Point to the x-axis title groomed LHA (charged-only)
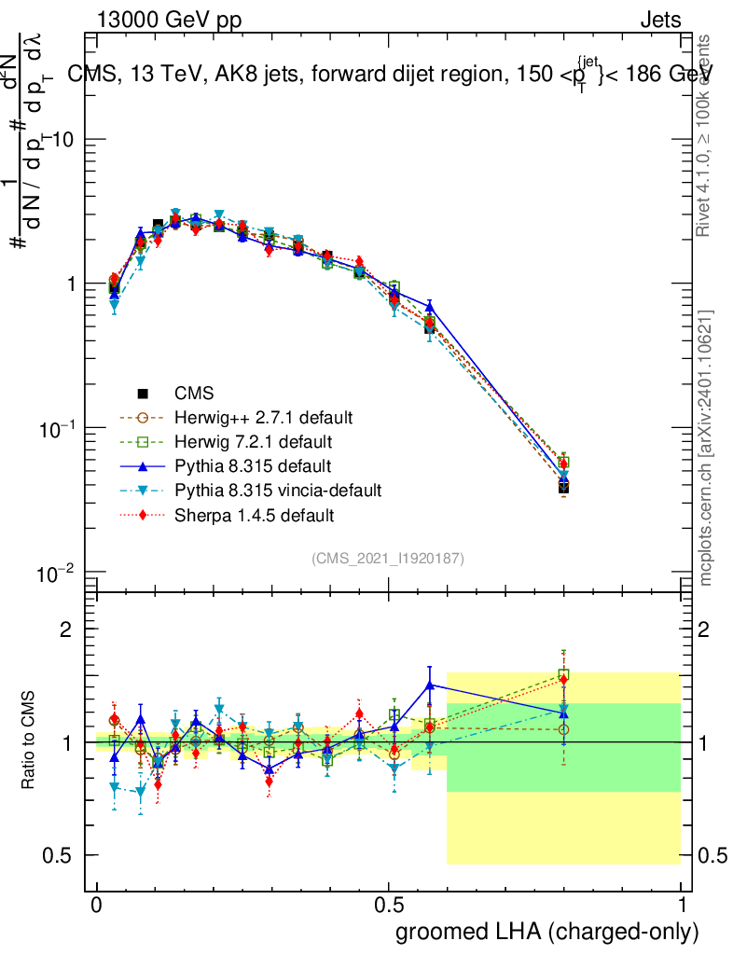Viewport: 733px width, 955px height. coord(547,931)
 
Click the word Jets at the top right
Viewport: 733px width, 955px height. coord(660,20)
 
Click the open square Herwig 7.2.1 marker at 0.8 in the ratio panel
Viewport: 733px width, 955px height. coord(563,674)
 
